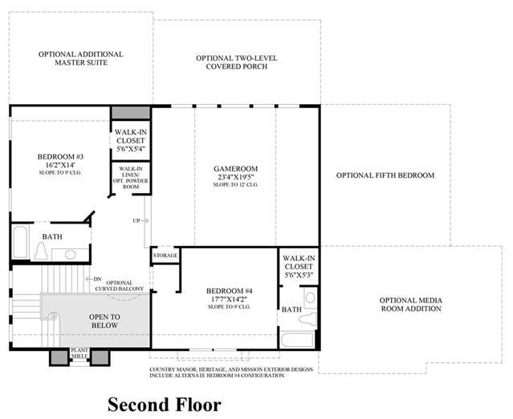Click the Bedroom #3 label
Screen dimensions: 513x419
tap(60, 156)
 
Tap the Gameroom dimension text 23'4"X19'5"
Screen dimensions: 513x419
tap(236, 177)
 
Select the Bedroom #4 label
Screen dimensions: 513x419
tap(230, 291)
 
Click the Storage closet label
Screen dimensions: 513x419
tap(165, 256)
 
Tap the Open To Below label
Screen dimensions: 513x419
tap(104, 321)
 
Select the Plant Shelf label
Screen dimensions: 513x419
tap(79, 353)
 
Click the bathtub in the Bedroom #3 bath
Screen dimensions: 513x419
tap(20, 242)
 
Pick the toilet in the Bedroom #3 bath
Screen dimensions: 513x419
tap(41, 251)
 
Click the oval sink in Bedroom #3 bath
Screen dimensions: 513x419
tap(71, 255)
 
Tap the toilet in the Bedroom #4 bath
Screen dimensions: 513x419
tap(308, 318)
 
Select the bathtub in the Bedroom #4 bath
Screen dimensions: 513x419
tap(297, 340)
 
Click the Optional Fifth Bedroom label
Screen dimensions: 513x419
tap(385, 175)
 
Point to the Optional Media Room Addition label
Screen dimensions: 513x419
tap(411, 304)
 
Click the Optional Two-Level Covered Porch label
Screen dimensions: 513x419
tap(237, 62)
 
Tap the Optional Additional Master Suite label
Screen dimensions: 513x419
tap(81, 58)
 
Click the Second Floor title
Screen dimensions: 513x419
tap(165, 405)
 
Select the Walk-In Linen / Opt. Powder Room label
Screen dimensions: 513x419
tap(131, 178)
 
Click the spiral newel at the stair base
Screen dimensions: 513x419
tap(53, 316)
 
